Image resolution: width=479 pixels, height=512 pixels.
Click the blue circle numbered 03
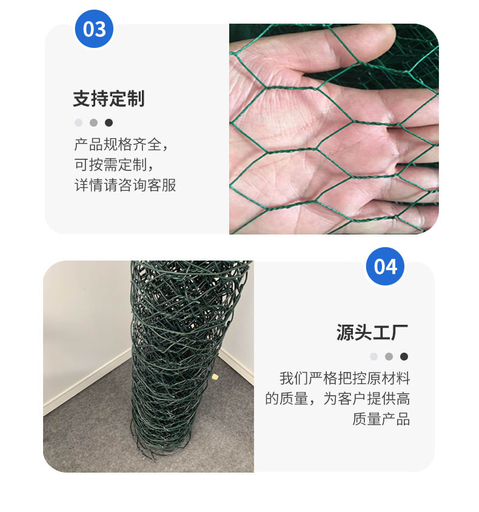coord(94,28)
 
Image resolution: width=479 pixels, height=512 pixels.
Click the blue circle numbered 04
coord(385,266)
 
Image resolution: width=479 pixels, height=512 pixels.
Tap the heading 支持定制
coord(109,99)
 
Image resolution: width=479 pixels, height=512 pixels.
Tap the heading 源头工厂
coord(372,333)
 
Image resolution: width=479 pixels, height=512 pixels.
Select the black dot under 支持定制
coord(109,123)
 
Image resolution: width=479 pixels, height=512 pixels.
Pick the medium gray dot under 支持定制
coord(94,123)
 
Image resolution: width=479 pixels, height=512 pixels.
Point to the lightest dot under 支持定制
coord(78,123)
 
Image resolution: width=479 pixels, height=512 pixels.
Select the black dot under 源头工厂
coord(404,356)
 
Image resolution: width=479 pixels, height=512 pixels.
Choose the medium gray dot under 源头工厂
coord(389,356)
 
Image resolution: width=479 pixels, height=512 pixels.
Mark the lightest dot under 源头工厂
coord(373,356)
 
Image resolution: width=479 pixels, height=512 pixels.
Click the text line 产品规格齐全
coord(121,144)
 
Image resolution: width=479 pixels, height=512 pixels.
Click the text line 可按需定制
coord(114,165)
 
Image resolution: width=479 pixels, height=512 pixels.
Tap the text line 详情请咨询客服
coord(125,185)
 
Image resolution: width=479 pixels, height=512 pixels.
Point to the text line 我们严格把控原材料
coord(345,379)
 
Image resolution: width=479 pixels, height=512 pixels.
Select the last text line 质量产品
coord(381,419)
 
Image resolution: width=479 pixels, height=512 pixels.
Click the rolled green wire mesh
coord(183,359)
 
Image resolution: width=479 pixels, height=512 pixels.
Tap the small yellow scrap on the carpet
coord(215,377)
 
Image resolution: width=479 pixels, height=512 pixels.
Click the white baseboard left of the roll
coord(87,379)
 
